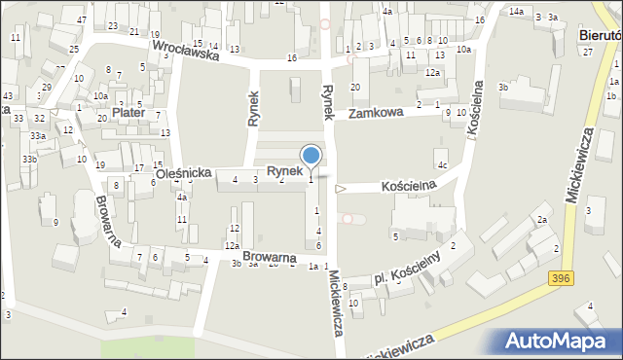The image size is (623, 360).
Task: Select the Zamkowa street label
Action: [376, 114]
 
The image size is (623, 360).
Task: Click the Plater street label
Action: [128, 113]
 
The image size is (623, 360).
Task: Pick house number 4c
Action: [442, 165]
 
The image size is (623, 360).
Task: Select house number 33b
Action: [31, 159]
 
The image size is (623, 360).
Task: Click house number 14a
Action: [516, 11]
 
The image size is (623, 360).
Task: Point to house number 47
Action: [81, 20]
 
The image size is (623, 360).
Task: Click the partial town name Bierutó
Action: [600, 35]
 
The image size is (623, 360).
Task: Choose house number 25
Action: [74, 49]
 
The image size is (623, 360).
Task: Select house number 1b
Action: [611, 95]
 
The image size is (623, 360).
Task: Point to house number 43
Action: [7, 95]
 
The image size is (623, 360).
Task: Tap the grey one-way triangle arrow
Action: [340, 189]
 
